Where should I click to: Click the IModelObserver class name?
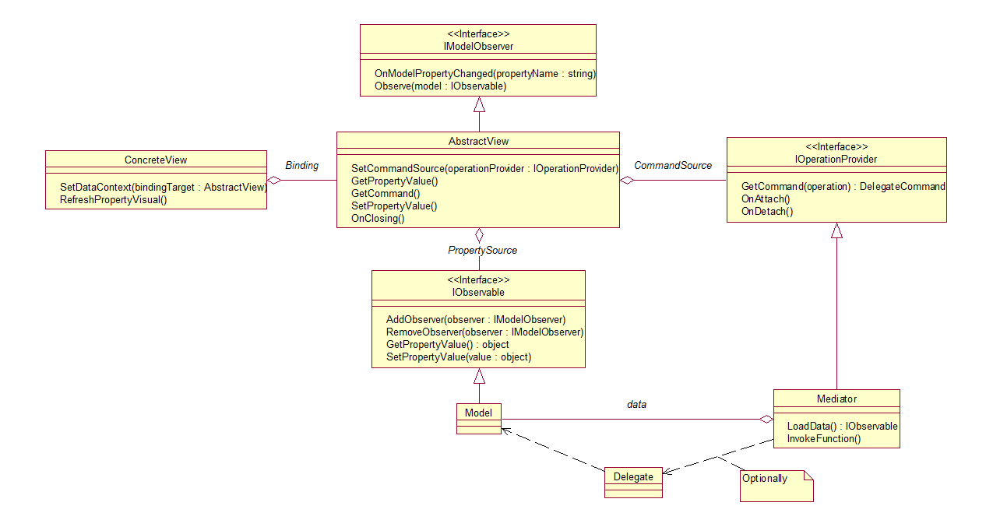(477, 47)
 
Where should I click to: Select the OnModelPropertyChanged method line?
(484, 74)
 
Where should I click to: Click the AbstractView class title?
(478, 141)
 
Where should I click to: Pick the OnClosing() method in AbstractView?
(378, 219)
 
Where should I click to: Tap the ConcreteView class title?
(156, 160)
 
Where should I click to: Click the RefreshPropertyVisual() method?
(114, 200)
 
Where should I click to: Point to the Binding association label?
(301, 166)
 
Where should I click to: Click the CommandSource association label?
(673, 166)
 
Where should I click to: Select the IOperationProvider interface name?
(836, 159)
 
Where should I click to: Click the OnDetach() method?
(766, 211)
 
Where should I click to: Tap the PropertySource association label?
(482, 251)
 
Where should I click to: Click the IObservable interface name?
(478, 293)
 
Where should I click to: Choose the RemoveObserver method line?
(484, 332)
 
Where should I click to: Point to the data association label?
(636, 405)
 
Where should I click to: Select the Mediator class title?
(836, 399)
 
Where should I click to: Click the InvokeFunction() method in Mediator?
(823, 439)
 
